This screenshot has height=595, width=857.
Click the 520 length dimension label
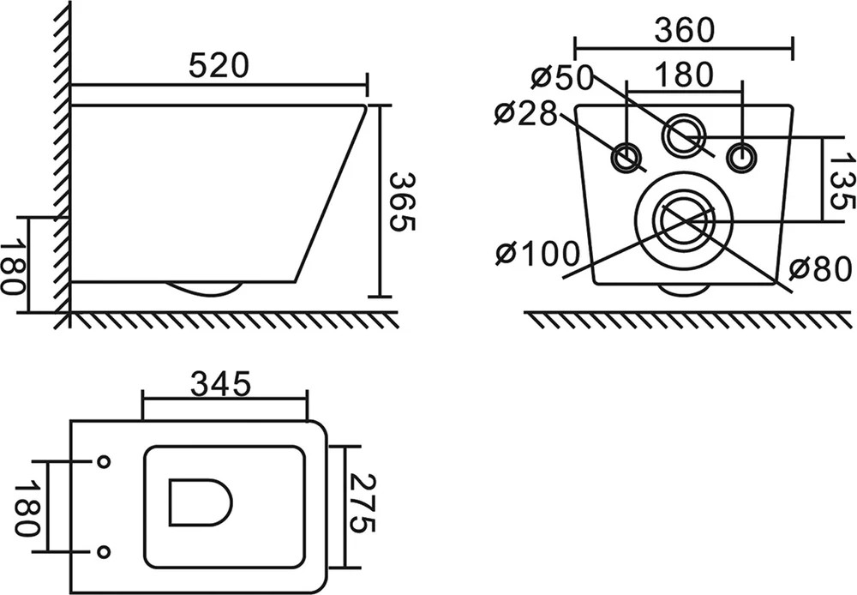(x=219, y=66)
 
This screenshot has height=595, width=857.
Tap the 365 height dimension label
(x=403, y=201)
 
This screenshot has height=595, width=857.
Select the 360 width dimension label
(x=684, y=30)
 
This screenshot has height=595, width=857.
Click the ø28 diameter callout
(x=525, y=114)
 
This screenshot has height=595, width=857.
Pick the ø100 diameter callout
(x=537, y=253)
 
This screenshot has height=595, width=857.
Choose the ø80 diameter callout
(x=820, y=269)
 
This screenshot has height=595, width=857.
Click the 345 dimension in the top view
(x=221, y=384)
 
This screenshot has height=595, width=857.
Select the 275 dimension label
(x=362, y=503)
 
